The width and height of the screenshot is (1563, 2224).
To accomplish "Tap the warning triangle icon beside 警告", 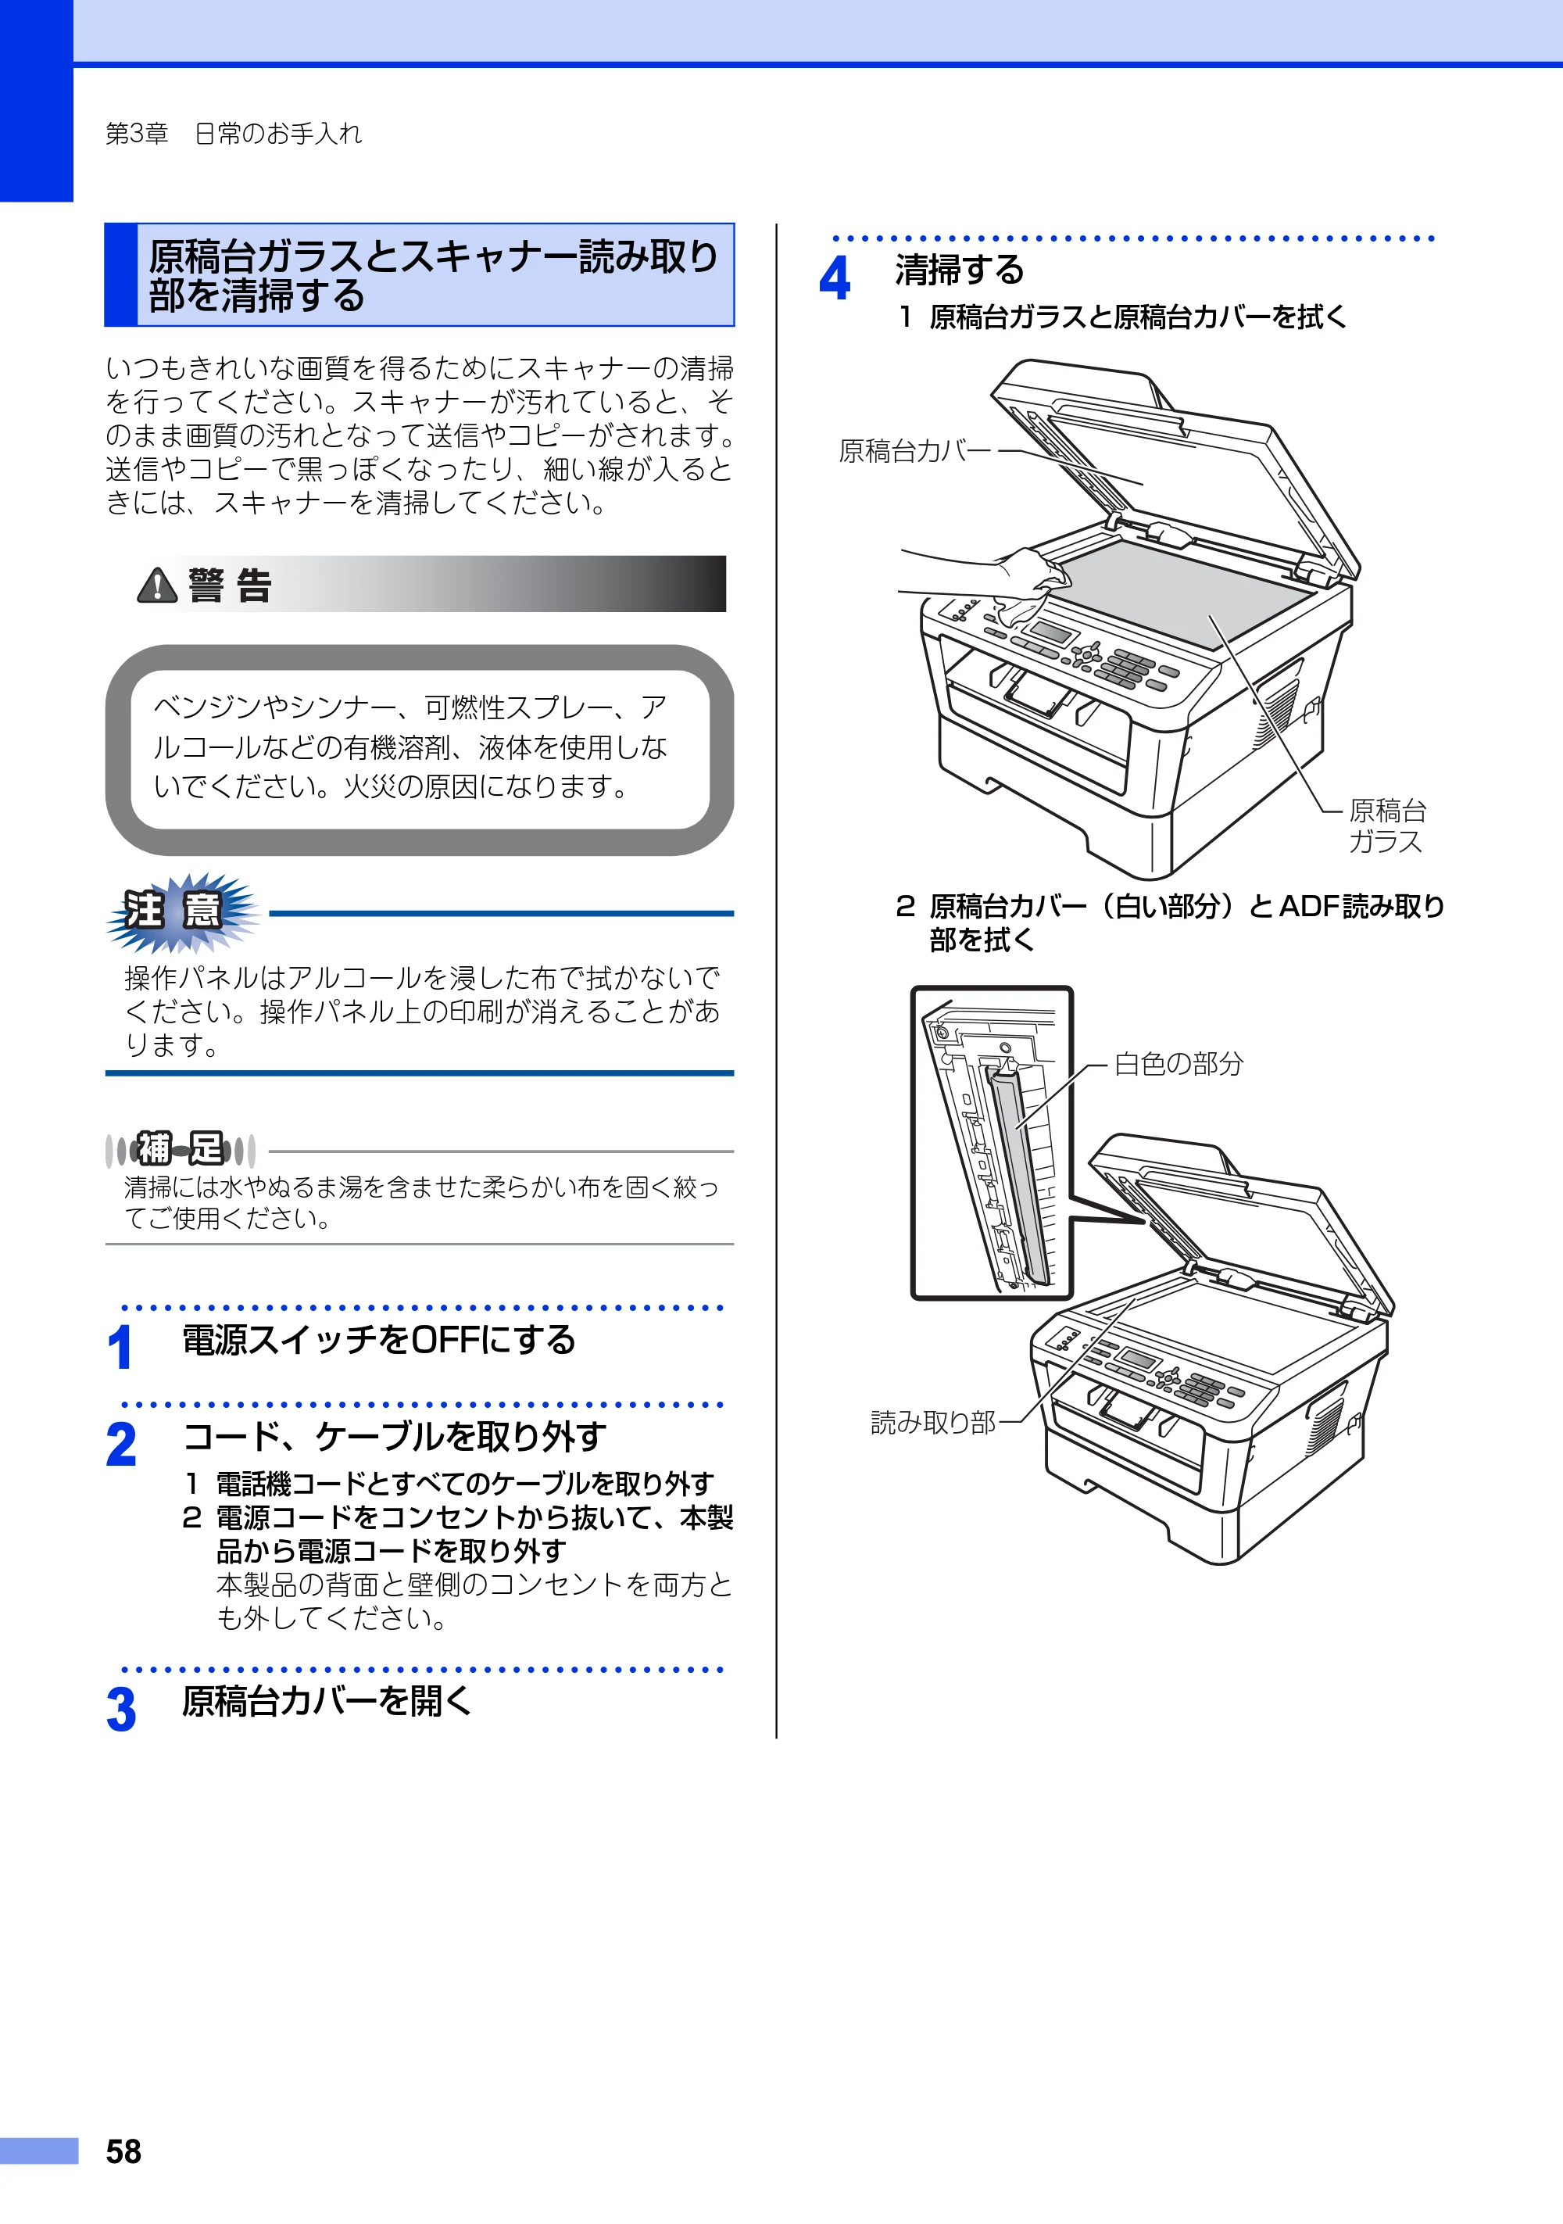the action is (157, 585).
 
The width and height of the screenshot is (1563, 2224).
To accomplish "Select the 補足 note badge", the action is (181, 1150).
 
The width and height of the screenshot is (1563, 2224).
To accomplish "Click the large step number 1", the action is (120, 1348).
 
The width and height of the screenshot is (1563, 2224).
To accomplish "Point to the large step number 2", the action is (122, 1445).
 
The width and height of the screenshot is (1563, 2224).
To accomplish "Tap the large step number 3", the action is (122, 1710).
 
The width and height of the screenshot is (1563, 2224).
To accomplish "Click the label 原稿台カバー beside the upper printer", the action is (915, 451).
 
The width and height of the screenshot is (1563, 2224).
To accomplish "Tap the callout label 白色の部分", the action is (1179, 1064).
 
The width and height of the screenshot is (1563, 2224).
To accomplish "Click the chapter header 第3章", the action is (137, 134).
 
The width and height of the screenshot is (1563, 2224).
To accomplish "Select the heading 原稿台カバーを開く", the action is (327, 1702).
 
